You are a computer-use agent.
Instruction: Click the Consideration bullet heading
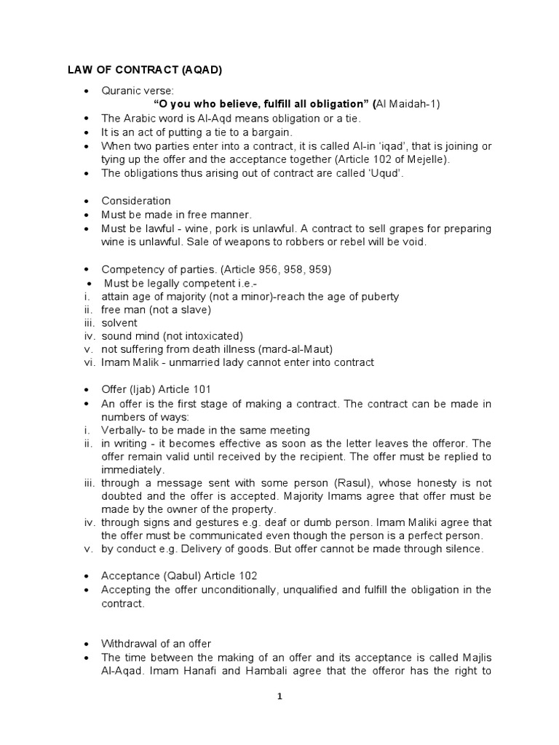tap(136, 201)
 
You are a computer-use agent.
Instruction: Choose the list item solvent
tap(119, 324)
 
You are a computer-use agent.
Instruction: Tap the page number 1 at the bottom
tap(279, 696)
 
